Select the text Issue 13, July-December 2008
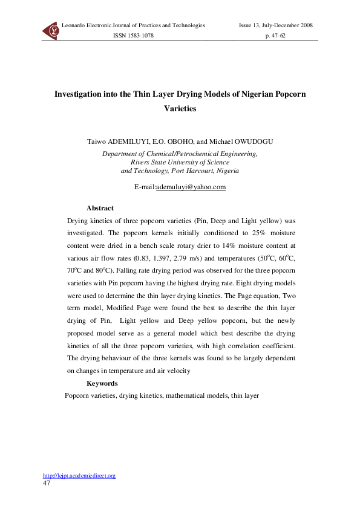276,25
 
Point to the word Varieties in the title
180,110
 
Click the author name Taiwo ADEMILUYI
125,141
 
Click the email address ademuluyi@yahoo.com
191,187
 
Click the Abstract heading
100,208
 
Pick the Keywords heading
102,383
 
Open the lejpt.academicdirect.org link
79,476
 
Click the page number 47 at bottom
47,484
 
